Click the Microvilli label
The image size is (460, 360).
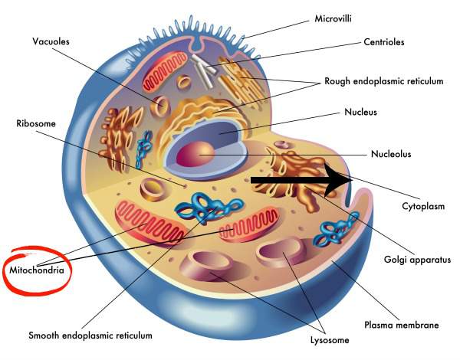(333, 18)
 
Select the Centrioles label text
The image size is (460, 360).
(384, 42)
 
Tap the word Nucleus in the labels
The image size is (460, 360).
(360, 112)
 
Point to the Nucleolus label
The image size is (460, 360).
(391, 154)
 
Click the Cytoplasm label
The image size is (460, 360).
(423, 206)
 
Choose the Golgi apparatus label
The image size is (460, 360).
(417, 260)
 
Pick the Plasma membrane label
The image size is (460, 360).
(401, 325)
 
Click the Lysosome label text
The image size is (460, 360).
(330, 340)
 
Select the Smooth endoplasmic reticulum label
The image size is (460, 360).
(90, 335)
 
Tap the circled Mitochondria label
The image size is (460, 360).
(37, 270)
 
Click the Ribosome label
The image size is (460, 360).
(36, 123)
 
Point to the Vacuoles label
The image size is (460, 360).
(51, 41)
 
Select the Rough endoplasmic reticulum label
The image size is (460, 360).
(384, 81)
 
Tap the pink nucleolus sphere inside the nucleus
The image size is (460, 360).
(195, 154)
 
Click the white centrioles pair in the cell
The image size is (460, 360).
(204, 70)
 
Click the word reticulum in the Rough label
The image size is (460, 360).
(422, 81)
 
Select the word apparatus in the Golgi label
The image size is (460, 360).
(430, 260)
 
